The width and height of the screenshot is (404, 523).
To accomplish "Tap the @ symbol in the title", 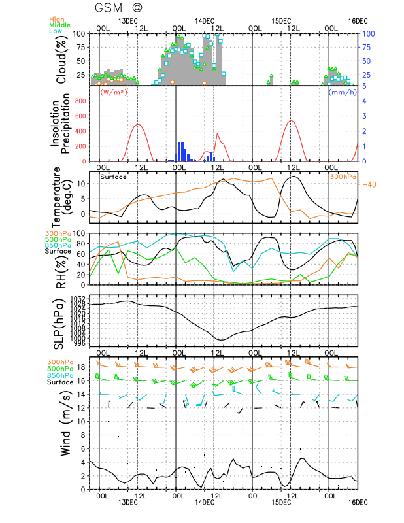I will pos(138,9).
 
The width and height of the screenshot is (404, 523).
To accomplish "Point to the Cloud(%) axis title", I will pos(61,59).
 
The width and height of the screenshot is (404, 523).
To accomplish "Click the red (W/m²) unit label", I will pos(112,92).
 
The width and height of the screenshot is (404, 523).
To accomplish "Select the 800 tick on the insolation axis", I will pos(80,101).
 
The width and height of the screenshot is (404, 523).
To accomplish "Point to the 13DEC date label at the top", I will pos(127,21).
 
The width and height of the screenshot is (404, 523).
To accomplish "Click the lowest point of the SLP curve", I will pos(222,340).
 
